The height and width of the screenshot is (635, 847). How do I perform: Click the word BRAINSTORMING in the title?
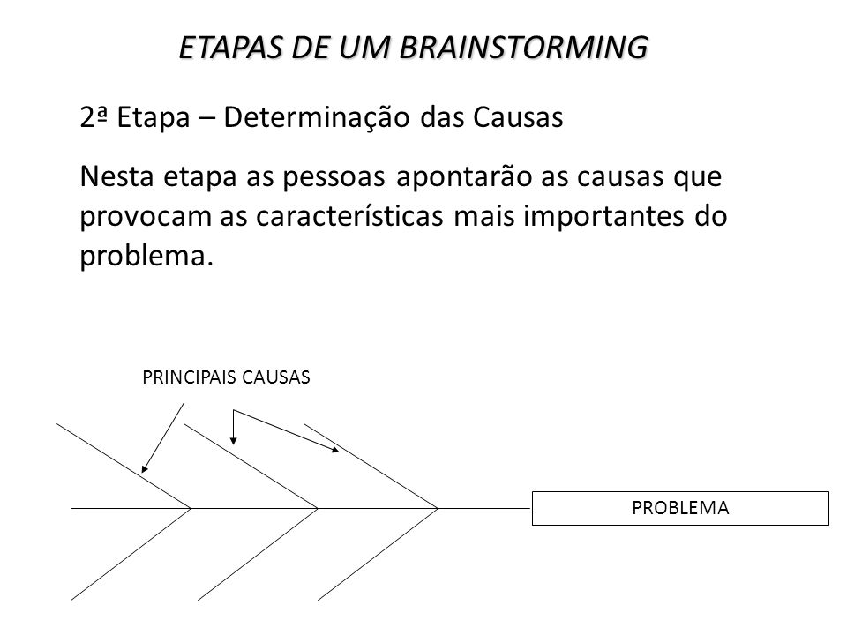pyautogui.click(x=523, y=47)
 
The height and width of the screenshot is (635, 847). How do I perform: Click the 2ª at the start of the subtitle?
pyautogui.click(x=93, y=117)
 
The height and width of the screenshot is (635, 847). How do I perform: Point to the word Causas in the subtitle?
pyautogui.click(x=518, y=117)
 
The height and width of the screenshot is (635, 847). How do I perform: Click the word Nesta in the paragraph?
pyautogui.click(x=116, y=176)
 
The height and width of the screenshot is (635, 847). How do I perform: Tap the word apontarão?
pyautogui.click(x=464, y=177)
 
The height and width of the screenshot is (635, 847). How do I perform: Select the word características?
pyautogui.click(x=349, y=216)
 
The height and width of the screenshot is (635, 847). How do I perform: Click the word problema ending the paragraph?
pyautogui.click(x=142, y=257)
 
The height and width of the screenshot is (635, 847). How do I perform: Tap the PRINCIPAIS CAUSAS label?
pyautogui.click(x=226, y=377)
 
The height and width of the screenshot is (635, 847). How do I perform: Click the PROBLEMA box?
pyautogui.click(x=680, y=508)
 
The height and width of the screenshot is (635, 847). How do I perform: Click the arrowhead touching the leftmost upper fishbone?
pyautogui.click(x=145, y=468)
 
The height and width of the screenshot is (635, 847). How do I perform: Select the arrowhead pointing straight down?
pyautogui.click(x=233, y=440)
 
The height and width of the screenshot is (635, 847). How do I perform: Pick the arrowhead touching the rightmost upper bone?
pyautogui.click(x=335, y=449)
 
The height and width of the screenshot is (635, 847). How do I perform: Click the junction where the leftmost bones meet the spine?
pyautogui.click(x=191, y=508)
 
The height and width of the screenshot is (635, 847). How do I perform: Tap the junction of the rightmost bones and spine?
pyautogui.click(x=437, y=508)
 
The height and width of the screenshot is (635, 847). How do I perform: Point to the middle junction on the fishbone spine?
pyautogui.click(x=317, y=508)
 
